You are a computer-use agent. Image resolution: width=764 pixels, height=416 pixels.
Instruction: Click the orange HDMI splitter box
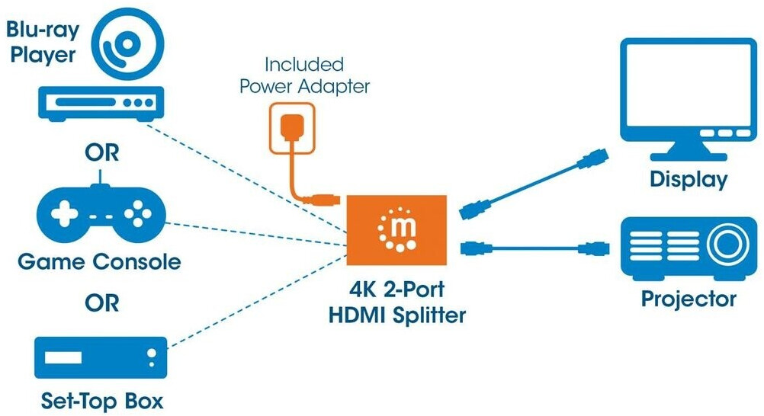click(x=396, y=232)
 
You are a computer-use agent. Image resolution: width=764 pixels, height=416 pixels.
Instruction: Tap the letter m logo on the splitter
click(x=397, y=229)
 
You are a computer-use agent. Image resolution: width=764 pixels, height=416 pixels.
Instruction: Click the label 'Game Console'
click(x=99, y=263)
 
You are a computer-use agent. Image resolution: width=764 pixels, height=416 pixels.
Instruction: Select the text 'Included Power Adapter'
click(x=304, y=75)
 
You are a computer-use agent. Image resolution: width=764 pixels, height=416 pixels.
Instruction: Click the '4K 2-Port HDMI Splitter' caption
click(x=396, y=302)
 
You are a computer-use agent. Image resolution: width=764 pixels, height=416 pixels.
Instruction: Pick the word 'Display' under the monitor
click(x=689, y=180)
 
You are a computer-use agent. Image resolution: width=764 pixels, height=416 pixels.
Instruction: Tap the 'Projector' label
click(x=689, y=298)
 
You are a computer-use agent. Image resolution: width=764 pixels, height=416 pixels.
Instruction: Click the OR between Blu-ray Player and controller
click(x=101, y=153)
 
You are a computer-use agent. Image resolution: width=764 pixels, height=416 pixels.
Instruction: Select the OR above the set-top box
click(x=101, y=303)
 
